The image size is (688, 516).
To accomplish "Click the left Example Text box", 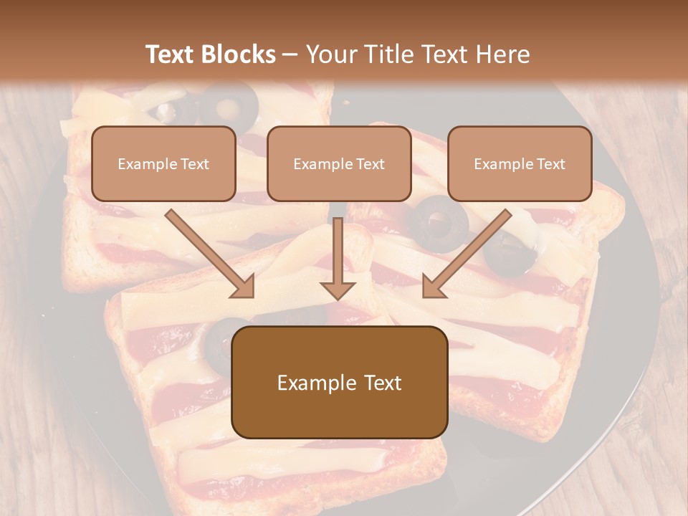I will click(x=163, y=163).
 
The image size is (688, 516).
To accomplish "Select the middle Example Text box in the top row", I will click(x=339, y=163).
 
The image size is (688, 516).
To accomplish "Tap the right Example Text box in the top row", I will click(x=520, y=163).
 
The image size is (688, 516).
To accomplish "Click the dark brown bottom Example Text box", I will click(x=340, y=382).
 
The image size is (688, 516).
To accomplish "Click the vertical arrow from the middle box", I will click(x=338, y=259).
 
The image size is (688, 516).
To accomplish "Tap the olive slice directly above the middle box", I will click(x=229, y=102).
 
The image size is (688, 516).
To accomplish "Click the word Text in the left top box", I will click(x=194, y=163).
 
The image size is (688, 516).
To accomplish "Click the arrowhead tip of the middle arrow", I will click(x=338, y=297).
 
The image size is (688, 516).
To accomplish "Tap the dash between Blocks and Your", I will click(x=290, y=54).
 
